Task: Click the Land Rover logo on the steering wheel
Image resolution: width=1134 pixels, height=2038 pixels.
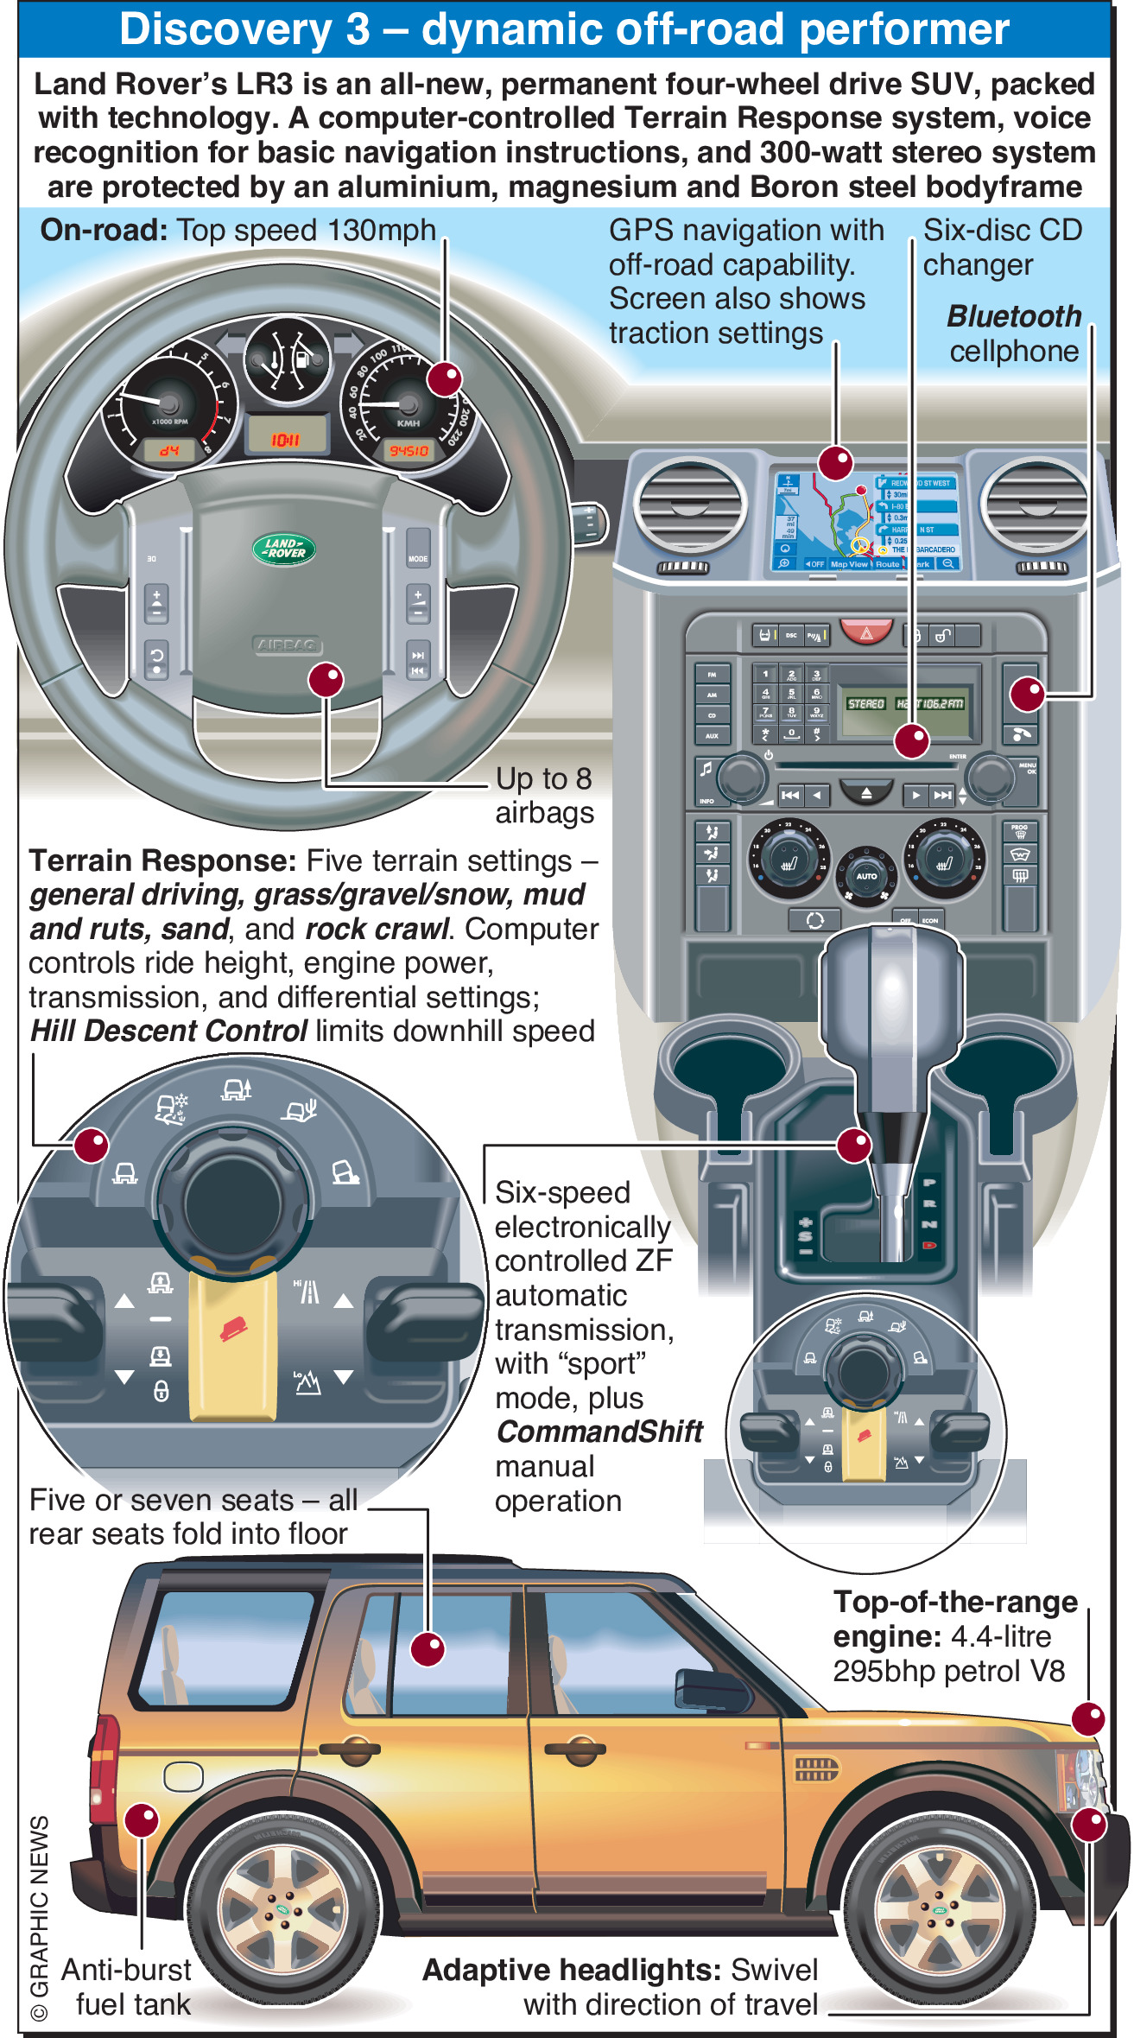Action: pyautogui.click(x=284, y=549)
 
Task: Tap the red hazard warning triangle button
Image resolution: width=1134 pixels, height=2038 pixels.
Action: pyautogui.click(x=866, y=633)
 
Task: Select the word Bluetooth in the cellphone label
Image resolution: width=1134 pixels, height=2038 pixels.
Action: pyautogui.click(x=1014, y=316)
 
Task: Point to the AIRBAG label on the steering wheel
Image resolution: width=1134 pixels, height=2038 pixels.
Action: pyautogui.click(x=288, y=644)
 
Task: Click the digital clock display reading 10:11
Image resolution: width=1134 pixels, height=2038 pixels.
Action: pyautogui.click(x=286, y=439)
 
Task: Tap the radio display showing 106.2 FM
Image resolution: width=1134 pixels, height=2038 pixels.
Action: pyautogui.click(x=906, y=704)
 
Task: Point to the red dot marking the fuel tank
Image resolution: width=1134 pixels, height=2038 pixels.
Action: pyautogui.click(x=142, y=1820)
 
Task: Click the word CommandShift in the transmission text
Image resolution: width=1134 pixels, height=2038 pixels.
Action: pyautogui.click(x=599, y=1432)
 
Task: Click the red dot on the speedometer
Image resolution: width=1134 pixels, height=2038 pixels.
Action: pyautogui.click(x=445, y=378)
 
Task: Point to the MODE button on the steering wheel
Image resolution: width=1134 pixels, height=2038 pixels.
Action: pyautogui.click(x=418, y=558)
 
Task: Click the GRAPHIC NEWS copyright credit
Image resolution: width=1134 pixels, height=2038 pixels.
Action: pyautogui.click(x=40, y=1917)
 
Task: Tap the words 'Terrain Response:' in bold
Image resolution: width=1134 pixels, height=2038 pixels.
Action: pyautogui.click(x=162, y=860)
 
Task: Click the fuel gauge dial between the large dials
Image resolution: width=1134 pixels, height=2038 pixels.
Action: pyautogui.click(x=287, y=359)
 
